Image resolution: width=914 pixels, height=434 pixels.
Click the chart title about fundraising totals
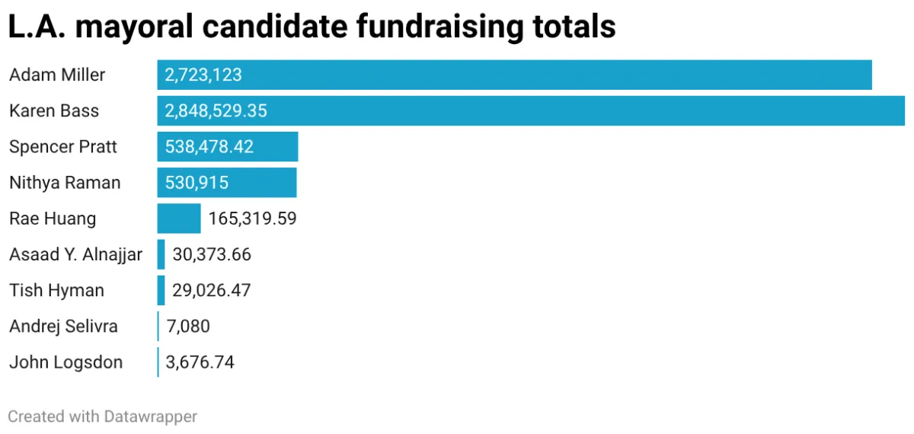pyautogui.click(x=312, y=27)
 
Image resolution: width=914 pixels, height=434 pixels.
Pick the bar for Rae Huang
pyautogui.click(x=179, y=219)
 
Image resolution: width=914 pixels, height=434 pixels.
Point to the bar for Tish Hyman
pyautogui.click(x=161, y=290)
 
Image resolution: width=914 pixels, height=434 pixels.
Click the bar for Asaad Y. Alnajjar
pyautogui.click(x=161, y=254)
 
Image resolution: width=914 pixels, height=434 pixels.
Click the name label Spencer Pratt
pyautogui.click(x=63, y=147)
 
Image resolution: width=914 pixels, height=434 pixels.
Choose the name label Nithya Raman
pyautogui.click(x=65, y=183)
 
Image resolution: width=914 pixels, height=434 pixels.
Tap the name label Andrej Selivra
pyautogui.click(x=63, y=327)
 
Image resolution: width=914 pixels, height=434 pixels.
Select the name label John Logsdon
pyautogui.click(x=66, y=362)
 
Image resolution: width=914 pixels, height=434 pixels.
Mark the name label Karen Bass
pyautogui.click(x=54, y=111)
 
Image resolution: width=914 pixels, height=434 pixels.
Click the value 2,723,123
pyautogui.click(x=203, y=75)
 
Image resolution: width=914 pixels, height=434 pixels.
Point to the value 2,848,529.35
pyautogui.click(x=216, y=111)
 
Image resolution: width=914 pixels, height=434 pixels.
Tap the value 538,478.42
pyautogui.click(x=209, y=147)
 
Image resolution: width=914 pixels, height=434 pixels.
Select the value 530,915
pyautogui.click(x=197, y=183)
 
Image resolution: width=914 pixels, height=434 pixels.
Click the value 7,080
pyautogui.click(x=187, y=327)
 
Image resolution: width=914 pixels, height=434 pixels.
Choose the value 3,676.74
pyautogui.click(x=200, y=362)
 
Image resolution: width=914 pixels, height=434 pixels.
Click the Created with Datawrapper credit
pyautogui.click(x=102, y=416)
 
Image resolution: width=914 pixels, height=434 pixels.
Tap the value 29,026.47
pyautogui.click(x=212, y=290)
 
